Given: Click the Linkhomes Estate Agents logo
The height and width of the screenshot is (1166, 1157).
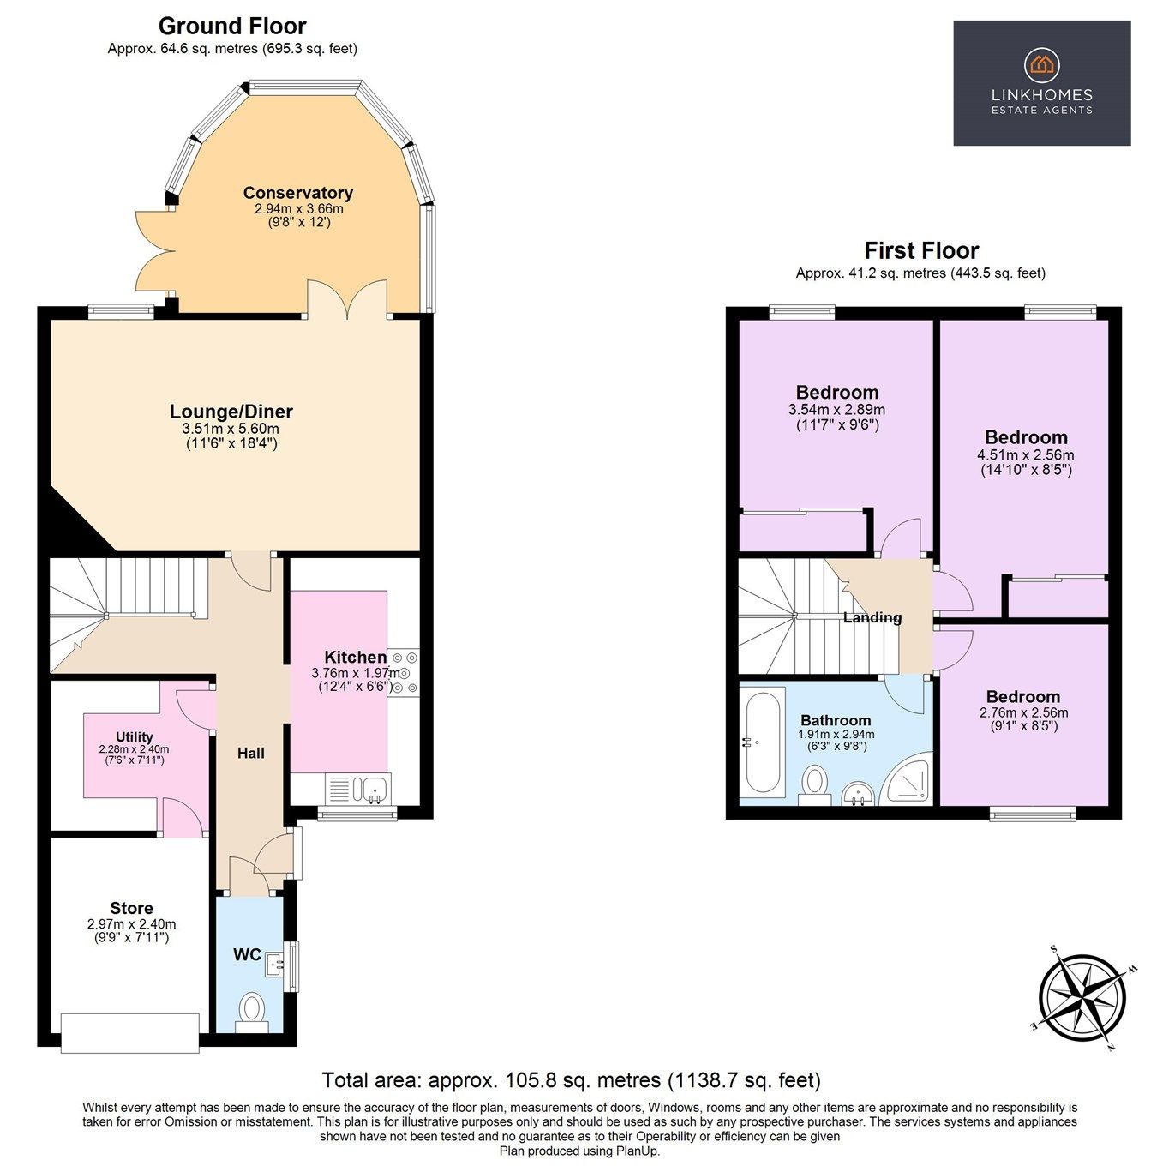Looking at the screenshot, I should (x=1041, y=83).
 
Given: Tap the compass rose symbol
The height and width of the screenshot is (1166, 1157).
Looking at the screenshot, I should (x=1082, y=998).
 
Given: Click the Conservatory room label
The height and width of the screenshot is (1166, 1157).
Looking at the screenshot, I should (x=297, y=193).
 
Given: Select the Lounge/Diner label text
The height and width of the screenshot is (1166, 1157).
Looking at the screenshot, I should (x=231, y=412).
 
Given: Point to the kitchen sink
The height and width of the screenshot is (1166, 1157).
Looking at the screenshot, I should (x=373, y=787).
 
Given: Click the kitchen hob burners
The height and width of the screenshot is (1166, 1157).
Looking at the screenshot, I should (x=403, y=671).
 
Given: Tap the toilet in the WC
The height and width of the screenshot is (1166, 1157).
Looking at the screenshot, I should (x=251, y=1008).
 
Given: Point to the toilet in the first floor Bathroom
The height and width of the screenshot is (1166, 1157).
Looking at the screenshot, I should (x=814, y=783).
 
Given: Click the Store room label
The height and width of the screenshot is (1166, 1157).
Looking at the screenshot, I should (x=131, y=908).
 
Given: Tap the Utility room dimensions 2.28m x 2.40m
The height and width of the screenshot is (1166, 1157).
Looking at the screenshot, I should (x=134, y=748).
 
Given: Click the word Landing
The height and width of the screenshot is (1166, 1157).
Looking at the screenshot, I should (x=872, y=617).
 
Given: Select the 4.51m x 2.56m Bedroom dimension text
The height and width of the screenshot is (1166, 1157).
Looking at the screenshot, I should (x=1026, y=455).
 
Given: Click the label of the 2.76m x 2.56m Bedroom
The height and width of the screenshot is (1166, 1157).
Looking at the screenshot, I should (x=1022, y=697).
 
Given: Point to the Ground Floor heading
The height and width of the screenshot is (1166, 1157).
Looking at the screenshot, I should (x=232, y=27).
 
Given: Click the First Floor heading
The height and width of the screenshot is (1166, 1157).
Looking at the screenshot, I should (x=920, y=250).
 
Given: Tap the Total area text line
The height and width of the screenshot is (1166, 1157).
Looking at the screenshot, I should (x=571, y=1079).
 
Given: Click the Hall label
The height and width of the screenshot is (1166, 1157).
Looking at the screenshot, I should (x=250, y=753).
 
